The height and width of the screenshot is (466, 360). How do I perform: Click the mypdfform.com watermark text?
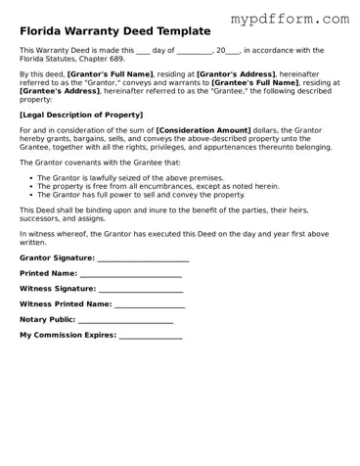(x=290, y=18)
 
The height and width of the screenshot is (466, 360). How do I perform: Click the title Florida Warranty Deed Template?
(x=114, y=31)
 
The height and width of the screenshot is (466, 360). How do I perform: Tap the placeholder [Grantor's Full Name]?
(x=110, y=73)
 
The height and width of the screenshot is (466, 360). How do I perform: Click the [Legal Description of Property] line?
(x=80, y=114)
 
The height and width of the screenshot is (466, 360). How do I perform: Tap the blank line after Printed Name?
(x=130, y=273)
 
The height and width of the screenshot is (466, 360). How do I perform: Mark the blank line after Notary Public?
(x=125, y=319)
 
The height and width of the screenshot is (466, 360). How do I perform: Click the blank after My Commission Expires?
(x=150, y=335)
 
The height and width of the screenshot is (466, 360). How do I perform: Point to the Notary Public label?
(x=47, y=319)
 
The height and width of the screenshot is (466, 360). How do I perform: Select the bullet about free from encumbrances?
(x=157, y=186)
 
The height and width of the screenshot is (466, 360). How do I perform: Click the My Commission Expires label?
(x=67, y=335)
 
